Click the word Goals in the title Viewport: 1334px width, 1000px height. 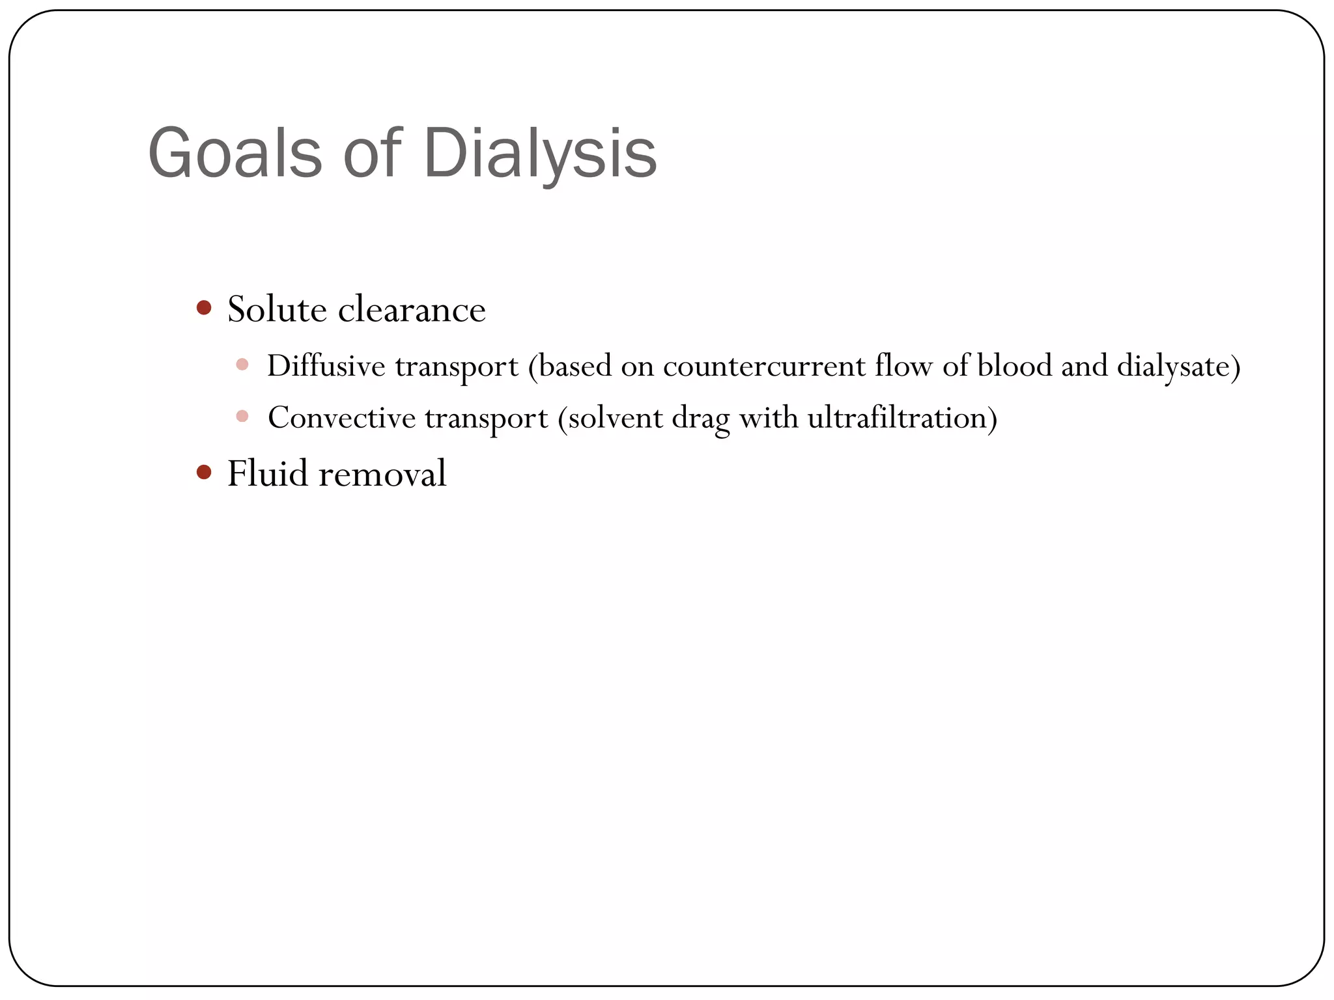235,154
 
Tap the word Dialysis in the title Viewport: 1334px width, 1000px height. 540,154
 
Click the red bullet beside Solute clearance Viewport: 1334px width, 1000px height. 204,307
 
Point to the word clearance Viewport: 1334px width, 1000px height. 412,310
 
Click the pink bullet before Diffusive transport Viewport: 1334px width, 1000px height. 242,365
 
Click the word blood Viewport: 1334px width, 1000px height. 1014,366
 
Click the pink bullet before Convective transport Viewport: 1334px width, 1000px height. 242,416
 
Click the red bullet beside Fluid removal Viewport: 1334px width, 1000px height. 204,471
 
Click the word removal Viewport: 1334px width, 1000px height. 382,473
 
